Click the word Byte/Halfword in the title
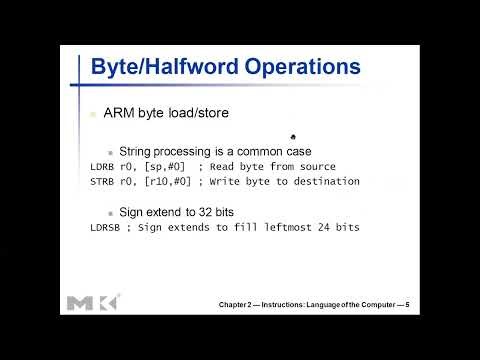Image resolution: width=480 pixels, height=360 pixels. pos(155,68)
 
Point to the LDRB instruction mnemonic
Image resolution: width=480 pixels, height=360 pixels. pos(102,167)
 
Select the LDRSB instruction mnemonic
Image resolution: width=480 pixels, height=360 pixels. pos(105,228)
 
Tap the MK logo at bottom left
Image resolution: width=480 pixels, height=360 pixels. pos(92,302)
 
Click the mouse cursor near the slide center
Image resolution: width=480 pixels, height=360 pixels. pos(292,138)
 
